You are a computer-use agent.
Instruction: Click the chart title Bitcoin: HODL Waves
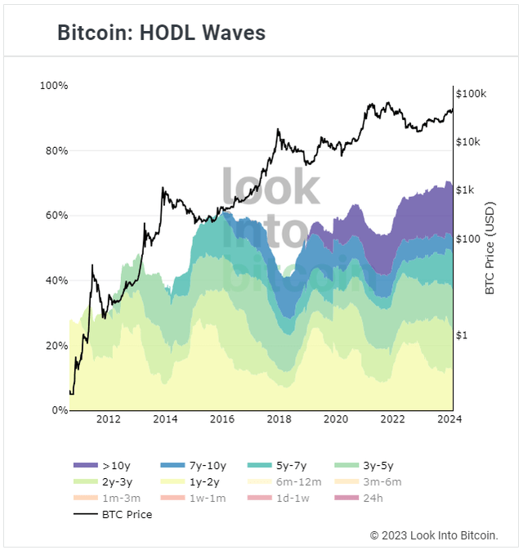coord(161,33)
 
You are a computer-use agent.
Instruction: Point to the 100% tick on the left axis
coord(54,86)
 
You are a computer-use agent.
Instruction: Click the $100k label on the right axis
coord(472,94)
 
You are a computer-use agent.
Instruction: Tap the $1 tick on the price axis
coord(463,335)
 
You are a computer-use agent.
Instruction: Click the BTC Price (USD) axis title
coord(489,248)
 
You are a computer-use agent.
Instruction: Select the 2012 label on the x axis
coord(109,420)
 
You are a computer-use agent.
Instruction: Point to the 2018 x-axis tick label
coord(279,420)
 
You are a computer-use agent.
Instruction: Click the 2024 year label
coord(449,420)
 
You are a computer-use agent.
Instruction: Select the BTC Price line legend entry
coord(114,514)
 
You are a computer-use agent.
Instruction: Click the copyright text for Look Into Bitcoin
coord(434,535)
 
